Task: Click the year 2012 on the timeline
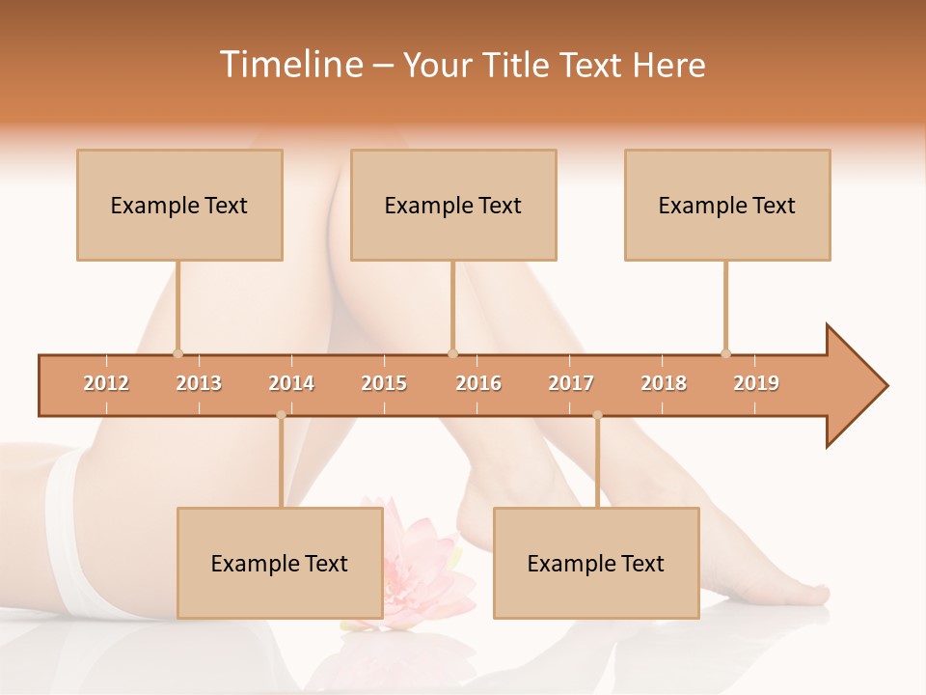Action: pos(106,383)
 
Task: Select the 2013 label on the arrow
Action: pos(199,383)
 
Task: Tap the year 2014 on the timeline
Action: pos(291,383)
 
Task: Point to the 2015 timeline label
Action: pos(384,383)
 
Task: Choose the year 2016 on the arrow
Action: pos(478,383)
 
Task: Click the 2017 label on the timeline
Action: pos(571,383)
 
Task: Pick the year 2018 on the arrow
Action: pos(664,383)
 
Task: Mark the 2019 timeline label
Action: pos(756,383)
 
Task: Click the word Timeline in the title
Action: pos(289,65)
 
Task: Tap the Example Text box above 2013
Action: pos(179,205)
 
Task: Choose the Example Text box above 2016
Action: pos(453,205)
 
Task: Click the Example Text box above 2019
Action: pos(727,205)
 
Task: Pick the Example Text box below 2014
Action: pos(280,563)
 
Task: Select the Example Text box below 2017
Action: pos(596,563)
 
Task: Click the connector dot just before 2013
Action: pos(177,353)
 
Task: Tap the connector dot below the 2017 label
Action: pos(597,415)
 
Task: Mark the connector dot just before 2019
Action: pos(725,353)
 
